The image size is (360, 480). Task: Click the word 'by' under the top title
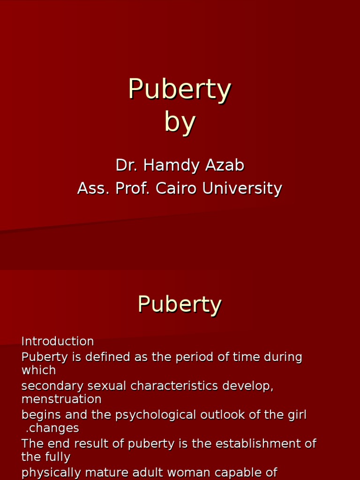(180, 122)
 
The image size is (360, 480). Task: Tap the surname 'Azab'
(225, 165)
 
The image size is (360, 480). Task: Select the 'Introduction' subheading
(58, 341)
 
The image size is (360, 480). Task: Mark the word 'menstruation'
(61, 399)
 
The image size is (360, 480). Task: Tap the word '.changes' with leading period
(52, 428)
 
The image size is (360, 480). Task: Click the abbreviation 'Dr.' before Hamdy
(125, 165)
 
